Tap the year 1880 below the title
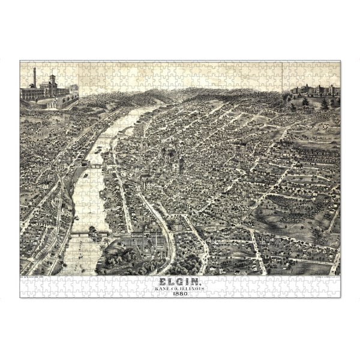[x=180, y=292]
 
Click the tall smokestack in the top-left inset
[x=35, y=77]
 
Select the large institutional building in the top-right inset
[x=315, y=90]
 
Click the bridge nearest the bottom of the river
[x=90, y=232]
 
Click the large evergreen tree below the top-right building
[x=325, y=103]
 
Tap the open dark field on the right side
[x=288, y=216]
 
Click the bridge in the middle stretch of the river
[x=96, y=163]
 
